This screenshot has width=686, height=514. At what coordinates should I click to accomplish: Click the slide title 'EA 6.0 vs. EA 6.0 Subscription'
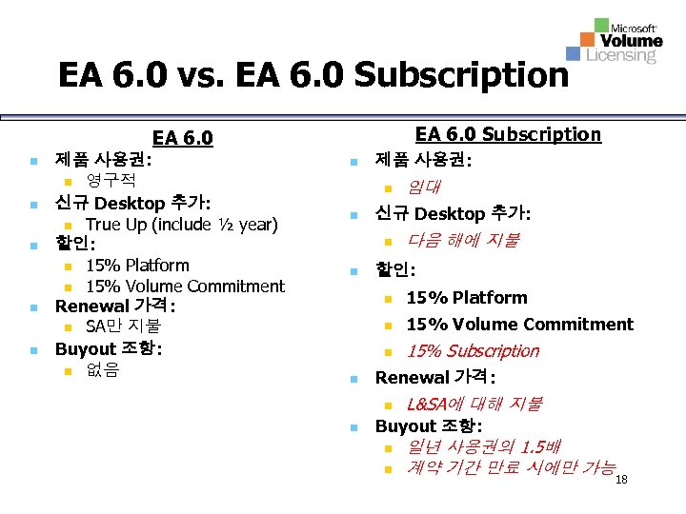[x=313, y=74]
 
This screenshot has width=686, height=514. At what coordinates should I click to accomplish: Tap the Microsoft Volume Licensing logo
[x=615, y=41]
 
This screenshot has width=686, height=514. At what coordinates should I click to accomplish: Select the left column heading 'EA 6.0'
[x=182, y=139]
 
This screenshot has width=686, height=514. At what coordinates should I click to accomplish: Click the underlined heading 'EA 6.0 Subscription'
[x=508, y=134]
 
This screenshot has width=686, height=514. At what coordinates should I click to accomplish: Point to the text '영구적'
[x=111, y=180]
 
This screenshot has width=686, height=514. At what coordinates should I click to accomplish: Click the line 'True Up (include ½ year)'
[x=181, y=225]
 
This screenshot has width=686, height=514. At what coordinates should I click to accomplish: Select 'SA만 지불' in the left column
[x=123, y=327]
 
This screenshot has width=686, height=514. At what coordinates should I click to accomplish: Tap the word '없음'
[x=102, y=370]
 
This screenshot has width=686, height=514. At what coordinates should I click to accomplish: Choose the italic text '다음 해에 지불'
[x=462, y=241]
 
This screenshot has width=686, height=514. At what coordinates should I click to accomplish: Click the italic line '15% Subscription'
[x=473, y=351]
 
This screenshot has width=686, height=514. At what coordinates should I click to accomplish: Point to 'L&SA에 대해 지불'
[x=474, y=404]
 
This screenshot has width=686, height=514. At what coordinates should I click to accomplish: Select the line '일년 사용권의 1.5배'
[x=484, y=445]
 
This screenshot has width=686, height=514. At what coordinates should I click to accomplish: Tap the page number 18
[x=622, y=480]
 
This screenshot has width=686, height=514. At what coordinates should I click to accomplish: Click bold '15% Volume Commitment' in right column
[x=519, y=325]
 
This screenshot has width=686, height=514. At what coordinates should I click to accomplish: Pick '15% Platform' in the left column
[x=137, y=266]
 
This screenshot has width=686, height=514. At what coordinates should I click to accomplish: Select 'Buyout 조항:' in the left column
[x=108, y=348]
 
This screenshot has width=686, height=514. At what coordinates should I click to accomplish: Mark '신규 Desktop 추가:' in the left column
[x=132, y=203]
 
